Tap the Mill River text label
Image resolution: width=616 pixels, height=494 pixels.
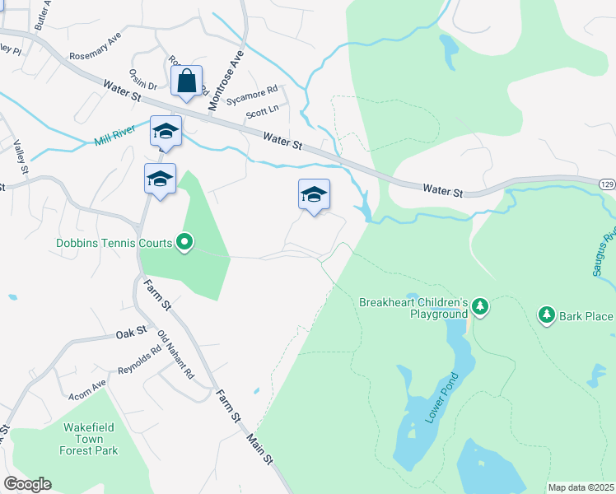coord(114,137)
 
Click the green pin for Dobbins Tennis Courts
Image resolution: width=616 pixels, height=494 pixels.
coord(185,242)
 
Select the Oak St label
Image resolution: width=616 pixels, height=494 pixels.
coord(131,333)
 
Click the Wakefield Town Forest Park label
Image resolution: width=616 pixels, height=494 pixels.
coord(88,439)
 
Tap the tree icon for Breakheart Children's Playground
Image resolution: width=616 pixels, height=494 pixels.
coord(480,308)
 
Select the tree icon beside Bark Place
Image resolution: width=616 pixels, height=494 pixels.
coord(546,315)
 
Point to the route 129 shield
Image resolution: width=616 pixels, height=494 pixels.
coord(606,183)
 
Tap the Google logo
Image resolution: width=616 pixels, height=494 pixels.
coord(27,484)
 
